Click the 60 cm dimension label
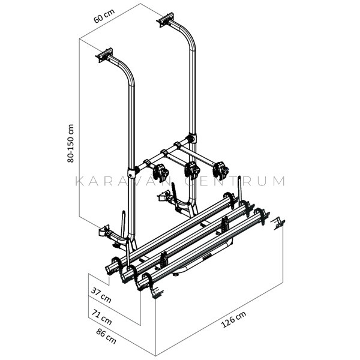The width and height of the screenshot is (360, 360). pyautogui.click(x=104, y=16)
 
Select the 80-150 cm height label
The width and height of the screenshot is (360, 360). pyautogui.click(x=70, y=143)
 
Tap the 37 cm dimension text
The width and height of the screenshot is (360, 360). pyautogui.click(x=101, y=295)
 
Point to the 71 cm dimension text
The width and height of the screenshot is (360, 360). pyautogui.click(x=102, y=317)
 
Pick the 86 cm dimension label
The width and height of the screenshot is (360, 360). pyautogui.click(x=106, y=336)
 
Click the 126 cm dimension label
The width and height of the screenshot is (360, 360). pyautogui.click(x=233, y=319)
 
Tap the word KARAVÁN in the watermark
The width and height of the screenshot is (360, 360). pyautogui.click(x=123, y=181)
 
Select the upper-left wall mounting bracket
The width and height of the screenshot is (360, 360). pyautogui.click(x=104, y=55)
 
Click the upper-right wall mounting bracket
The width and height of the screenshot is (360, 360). pyautogui.click(x=166, y=20)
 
